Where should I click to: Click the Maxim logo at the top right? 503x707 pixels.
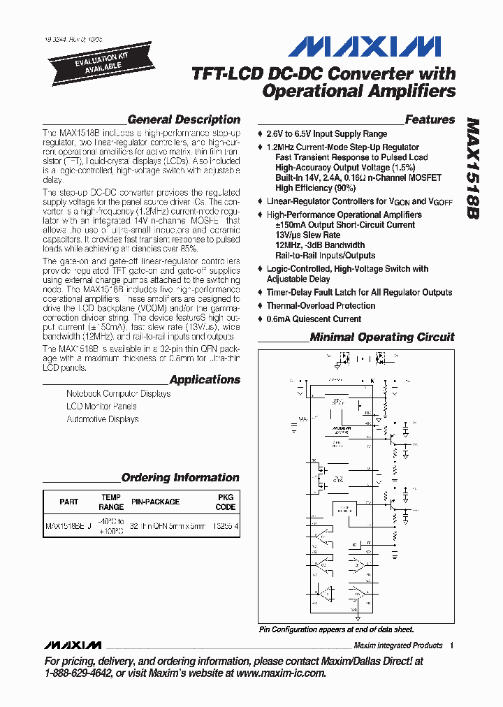click(x=364, y=46)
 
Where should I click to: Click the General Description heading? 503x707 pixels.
click(x=184, y=119)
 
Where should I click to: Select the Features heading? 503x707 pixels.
click(x=430, y=119)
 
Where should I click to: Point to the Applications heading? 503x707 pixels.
click(x=205, y=379)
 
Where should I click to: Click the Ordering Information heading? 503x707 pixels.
click(x=180, y=478)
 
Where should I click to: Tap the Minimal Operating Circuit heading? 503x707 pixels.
click(x=382, y=337)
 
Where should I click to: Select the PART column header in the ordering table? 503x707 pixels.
click(x=69, y=502)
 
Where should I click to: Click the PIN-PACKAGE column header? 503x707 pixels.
click(x=155, y=502)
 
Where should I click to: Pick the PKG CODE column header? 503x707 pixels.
click(x=226, y=502)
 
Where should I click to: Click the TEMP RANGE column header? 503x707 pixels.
click(x=111, y=502)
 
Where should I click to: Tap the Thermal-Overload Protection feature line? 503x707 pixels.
click(x=321, y=305)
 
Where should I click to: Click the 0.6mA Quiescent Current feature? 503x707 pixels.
click(x=314, y=319)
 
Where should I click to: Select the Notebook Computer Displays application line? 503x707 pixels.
click(x=118, y=393)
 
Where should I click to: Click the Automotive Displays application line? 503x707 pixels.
click(x=102, y=419)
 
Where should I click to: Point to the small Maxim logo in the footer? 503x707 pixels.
click(x=72, y=645)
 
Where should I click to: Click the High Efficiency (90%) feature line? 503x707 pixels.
click(x=315, y=187)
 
